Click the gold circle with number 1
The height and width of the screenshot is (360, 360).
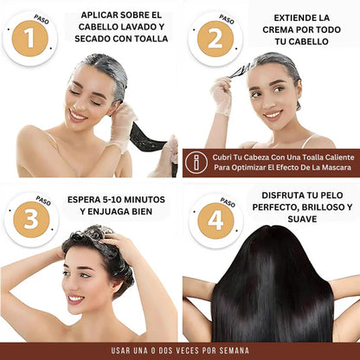(29, 39)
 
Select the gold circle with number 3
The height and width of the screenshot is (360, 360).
(29, 219)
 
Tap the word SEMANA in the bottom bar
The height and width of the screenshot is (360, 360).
(230, 351)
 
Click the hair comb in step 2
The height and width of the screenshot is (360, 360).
(240, 69)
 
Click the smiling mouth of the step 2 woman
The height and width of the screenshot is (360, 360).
(272, 113)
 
